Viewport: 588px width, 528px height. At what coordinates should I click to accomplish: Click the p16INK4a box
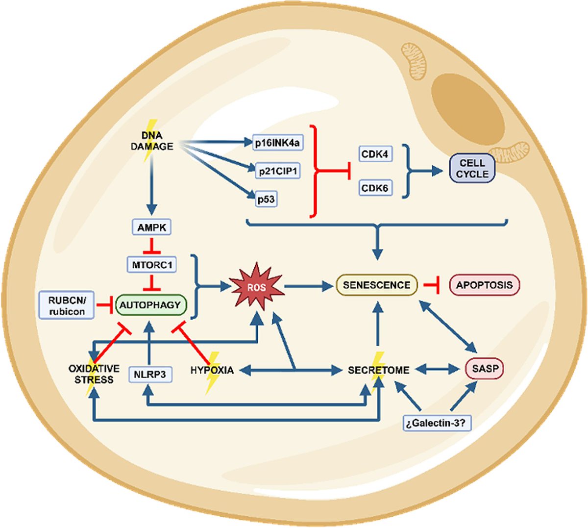pos(277,143)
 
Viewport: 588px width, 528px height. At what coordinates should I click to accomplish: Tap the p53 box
pos(266,200)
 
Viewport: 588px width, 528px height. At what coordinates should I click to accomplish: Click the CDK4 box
pos(375,154)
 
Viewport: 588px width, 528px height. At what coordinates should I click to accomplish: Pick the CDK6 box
pos(375,188)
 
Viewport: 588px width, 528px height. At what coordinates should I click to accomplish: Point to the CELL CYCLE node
pos(472,169)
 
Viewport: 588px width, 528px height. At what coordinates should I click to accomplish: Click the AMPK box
pos(152,227)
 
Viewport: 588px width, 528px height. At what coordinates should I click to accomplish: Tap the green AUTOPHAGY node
pos(151,305)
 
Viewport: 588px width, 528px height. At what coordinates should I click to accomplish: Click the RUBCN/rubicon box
pos(67,305)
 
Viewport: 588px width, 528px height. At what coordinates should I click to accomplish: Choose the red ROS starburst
pos(257,287)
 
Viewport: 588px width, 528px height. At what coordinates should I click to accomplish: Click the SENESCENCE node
pos(377,285)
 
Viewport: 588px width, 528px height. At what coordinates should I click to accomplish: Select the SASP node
pos(484,370)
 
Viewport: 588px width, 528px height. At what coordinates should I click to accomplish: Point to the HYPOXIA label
pos(212,370)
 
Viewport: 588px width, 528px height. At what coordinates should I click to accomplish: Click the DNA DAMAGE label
pos(152,141)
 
